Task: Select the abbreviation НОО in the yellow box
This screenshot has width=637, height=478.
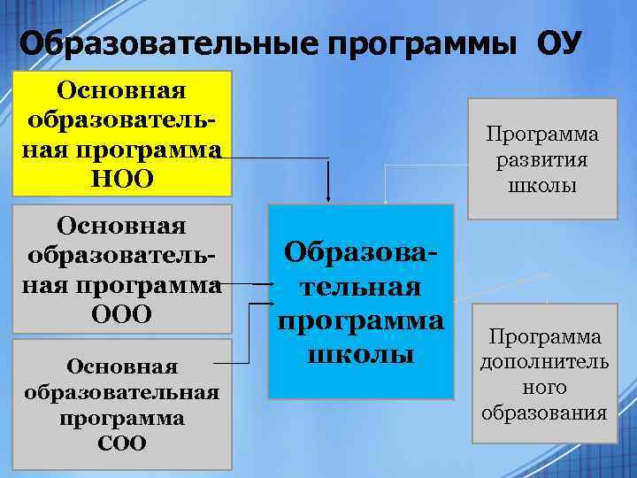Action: pyautogui.click(x=122, y=179)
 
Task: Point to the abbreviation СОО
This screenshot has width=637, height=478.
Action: pyautogui.click(x=122, y=443)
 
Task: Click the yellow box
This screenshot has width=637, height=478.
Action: pyautogui.click(x=122, y=133)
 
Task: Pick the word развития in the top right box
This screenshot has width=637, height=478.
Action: pyautogui.click(x=541, y=161)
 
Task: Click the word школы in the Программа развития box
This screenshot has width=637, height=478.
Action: pyautogui.click(x=541, y=187)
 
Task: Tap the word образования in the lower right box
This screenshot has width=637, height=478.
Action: pyautogui.click(x=544, y=413)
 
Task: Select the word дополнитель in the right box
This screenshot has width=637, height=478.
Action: pyautogui.click(x=544, y=363)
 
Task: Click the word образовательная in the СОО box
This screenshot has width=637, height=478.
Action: pyautogui.click(x=122, y=392)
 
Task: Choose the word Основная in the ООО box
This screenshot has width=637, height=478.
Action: pyautogui.click(x=122, y=227)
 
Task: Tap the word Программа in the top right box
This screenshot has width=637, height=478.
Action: pyautogui.click(x=541, y=135)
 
